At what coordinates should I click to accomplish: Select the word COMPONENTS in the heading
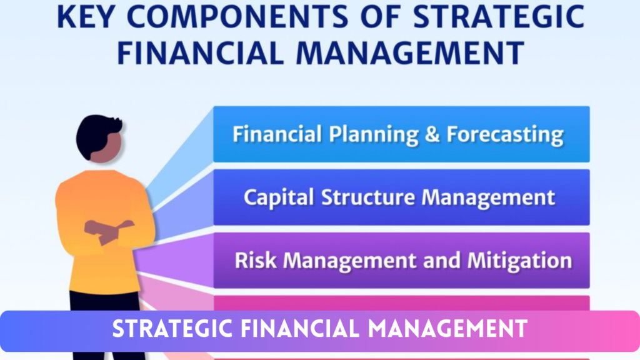tap(237, 17)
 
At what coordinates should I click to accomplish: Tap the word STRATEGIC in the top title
tap(499, 17)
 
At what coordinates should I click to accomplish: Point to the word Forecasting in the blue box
tap(505, 135)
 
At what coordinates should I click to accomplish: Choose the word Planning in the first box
tap(374, 135)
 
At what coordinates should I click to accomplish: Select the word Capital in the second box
tap(279, 197)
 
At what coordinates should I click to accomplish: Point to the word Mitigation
tap(519, 261)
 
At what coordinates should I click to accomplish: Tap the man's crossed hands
tap(109, 231)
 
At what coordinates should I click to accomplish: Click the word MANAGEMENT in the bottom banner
tap(447, 329)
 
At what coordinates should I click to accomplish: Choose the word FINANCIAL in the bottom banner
tap(300, 329)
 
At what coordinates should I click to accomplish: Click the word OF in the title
tap(381, 17)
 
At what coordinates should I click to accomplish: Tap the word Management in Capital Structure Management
tap(488, 197)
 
